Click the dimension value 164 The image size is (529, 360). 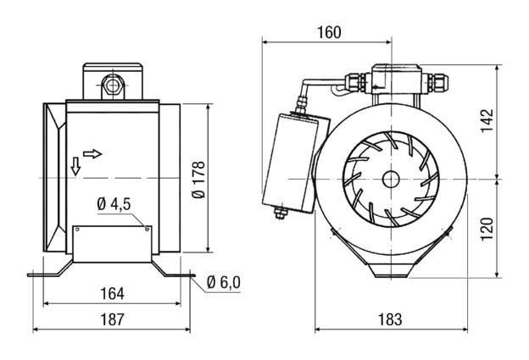pos(111,294)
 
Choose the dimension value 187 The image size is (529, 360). pos(111,319)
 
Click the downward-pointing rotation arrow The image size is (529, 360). pos(75,165)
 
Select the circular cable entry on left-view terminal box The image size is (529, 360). pos(111,86)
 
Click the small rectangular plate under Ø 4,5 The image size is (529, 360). pos(112,243)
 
